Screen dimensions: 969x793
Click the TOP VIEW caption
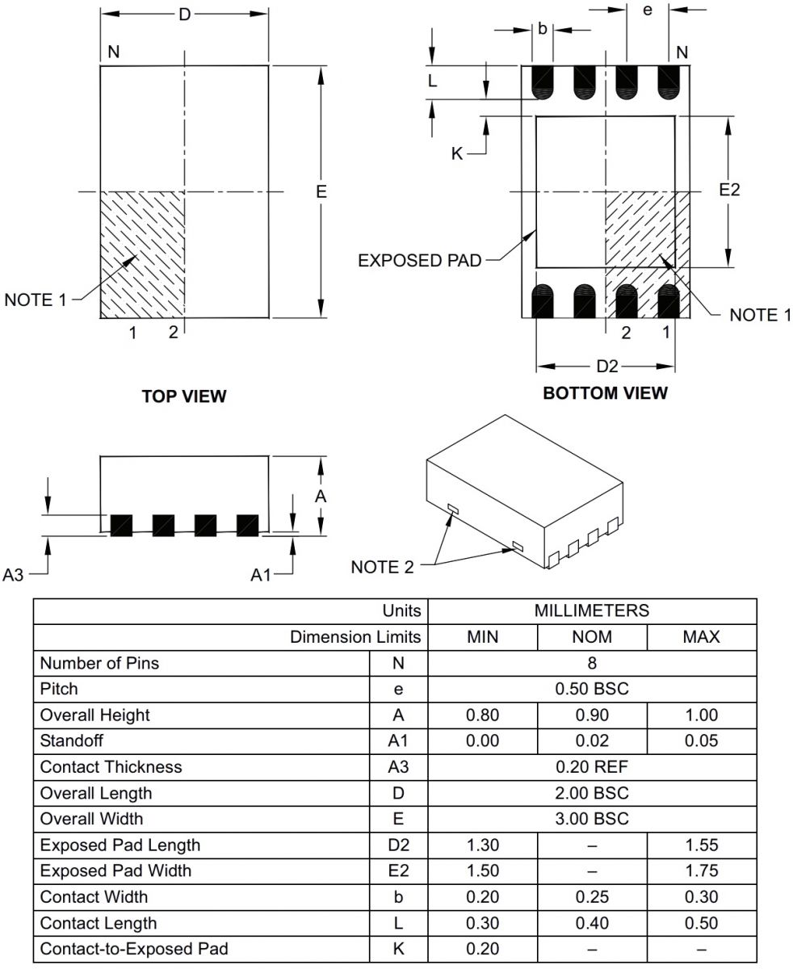pyautogui.click(x=184, y=396)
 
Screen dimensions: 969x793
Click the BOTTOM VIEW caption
pyautogui.click(x=606, y=393)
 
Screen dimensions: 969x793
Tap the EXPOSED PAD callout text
pyautogui.click(x=420, y=260)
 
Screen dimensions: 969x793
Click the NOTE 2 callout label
pyautogui.click(x=382, y=567)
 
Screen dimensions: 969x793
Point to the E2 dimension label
pyautogui.click(x=729, y=190)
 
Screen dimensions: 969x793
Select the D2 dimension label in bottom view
pyautogui.click(x=606, y=367)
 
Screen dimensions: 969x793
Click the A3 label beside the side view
pyautogui.click(x=14, y=575)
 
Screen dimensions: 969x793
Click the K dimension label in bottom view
pyautogui.click(x=457, y=153)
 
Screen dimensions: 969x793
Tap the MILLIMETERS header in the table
pyautogui.click(x=592, y=610)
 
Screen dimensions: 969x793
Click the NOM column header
pyautogui.click(x=592, y=637)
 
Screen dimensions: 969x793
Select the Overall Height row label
pyautogui.click(x=94, y=715)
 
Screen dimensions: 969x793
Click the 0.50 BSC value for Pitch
pyautogui.click(x=592, y=689)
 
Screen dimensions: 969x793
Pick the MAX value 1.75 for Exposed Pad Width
pyautogui.click(x=701, y=870)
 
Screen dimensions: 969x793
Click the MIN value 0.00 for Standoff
pyautogui.click(x=483, y=741)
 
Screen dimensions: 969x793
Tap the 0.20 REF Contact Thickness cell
pyautogui.click(x=592, y=767)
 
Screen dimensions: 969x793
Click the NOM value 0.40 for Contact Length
pyautogui.click(x=592, y=923)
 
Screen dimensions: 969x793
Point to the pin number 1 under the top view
pyautogui.click(x=133, y=332)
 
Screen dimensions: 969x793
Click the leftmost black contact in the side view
pyautogui.click(x=121, y=525)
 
